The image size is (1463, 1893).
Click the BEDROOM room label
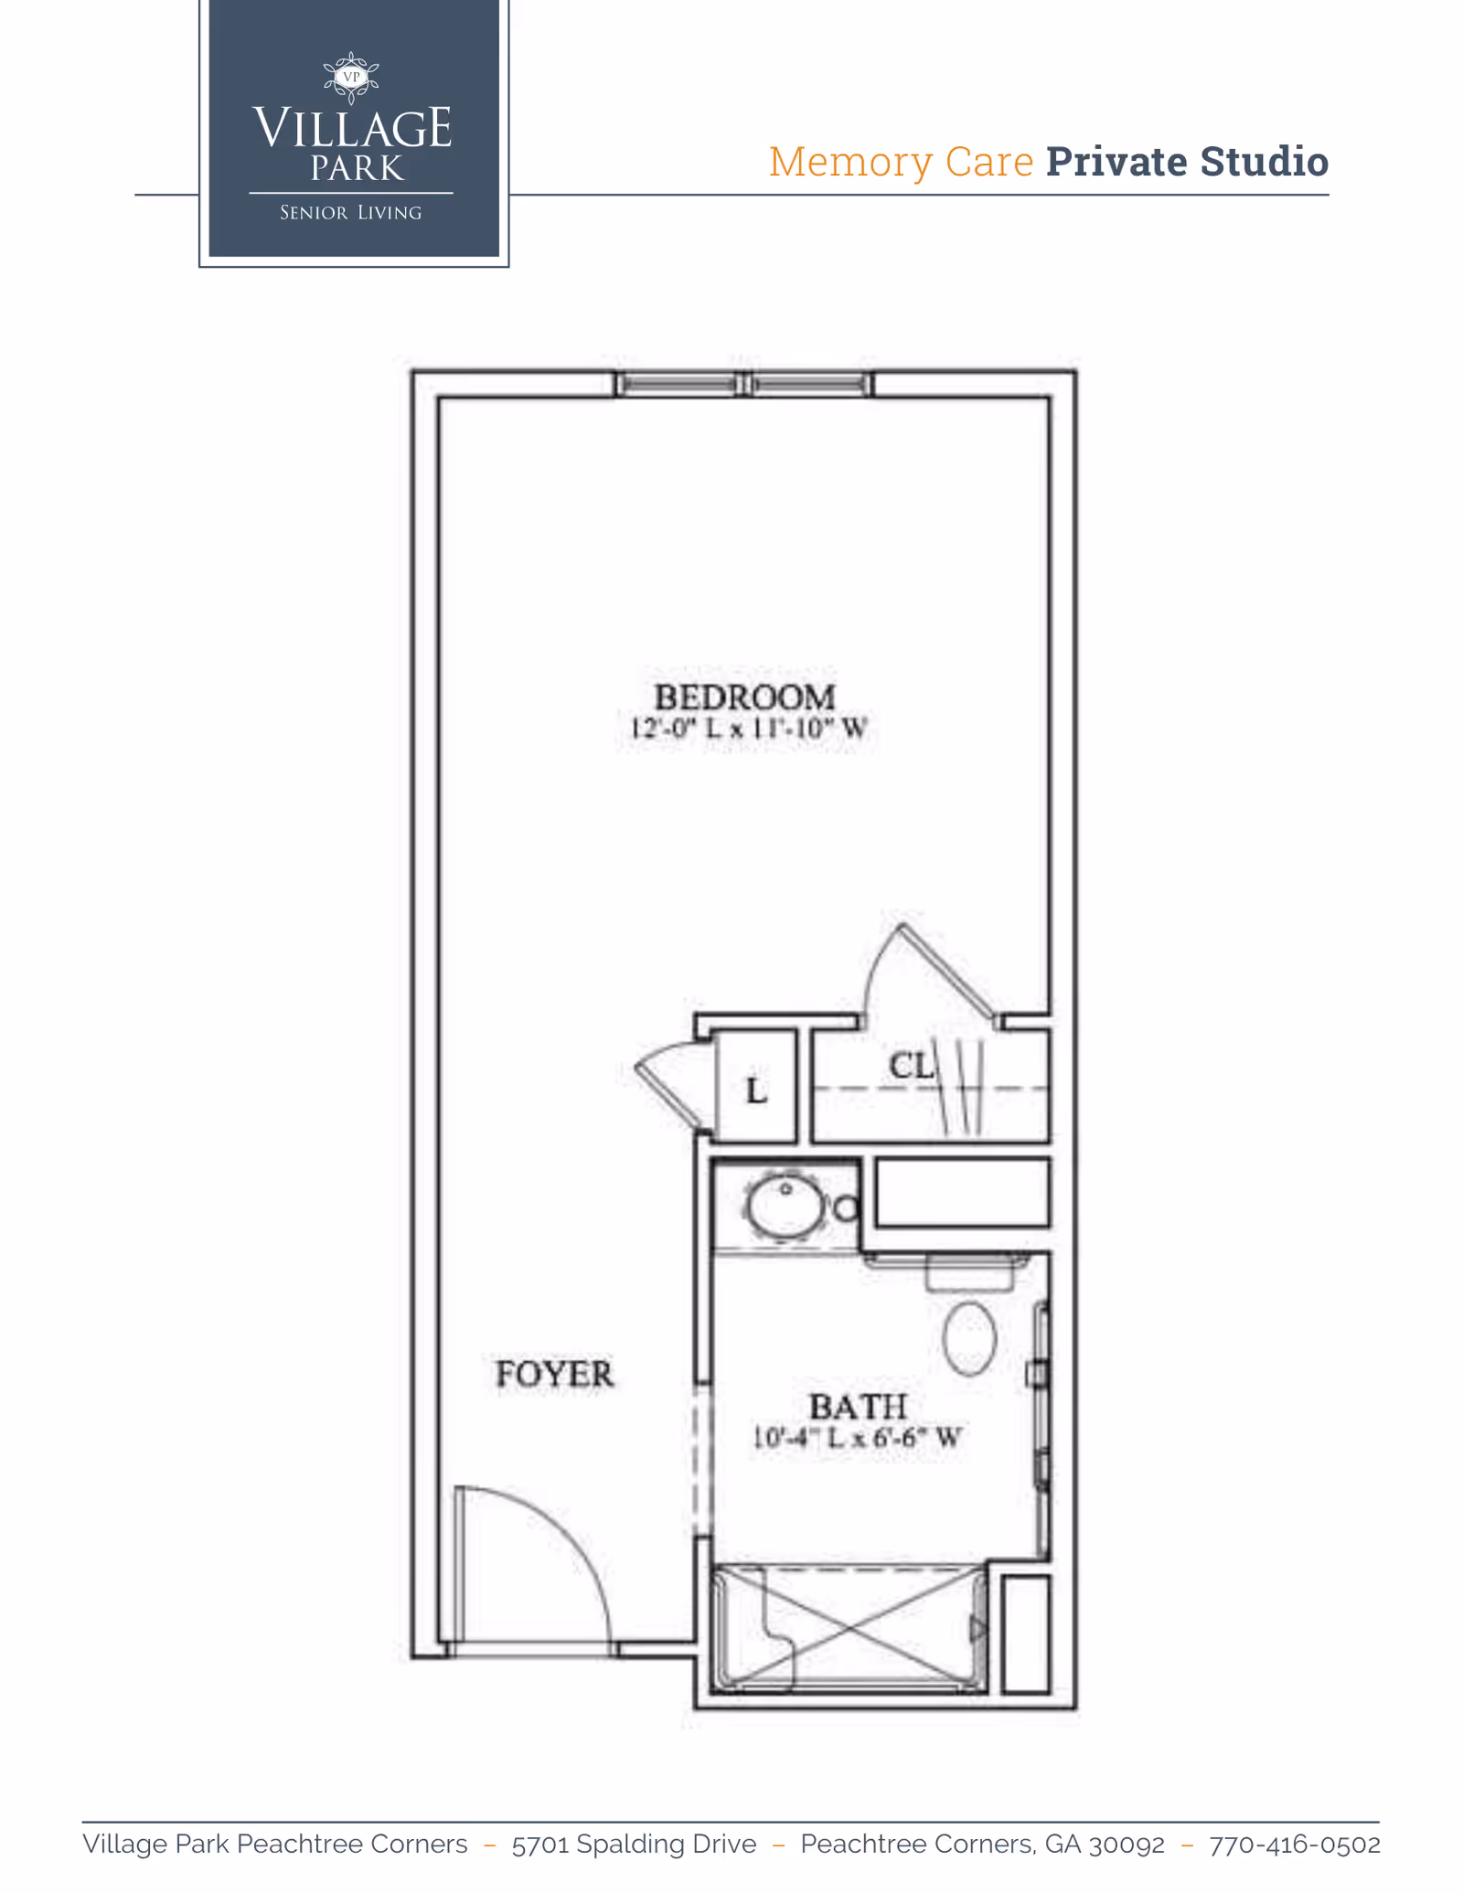(x=743, y=697)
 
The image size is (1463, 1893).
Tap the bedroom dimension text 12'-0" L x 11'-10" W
(x=748, y=729)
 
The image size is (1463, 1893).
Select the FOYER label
(x=554, y=1374)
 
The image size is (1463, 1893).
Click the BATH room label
(x=858, y=1407)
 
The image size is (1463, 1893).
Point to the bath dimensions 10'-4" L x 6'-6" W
(x=856, y=1438)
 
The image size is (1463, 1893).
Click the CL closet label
(x=911, y=1066)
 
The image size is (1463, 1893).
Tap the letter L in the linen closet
(x=756, y=1090)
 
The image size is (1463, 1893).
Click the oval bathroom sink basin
(x=785, y=1205)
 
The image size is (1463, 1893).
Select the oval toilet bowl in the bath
(x=969, y=1338)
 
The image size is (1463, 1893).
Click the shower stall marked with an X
(x=850, y=1628)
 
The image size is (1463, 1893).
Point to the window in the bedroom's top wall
(x=743, y=384)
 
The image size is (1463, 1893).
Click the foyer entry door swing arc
(x=558, y=1545)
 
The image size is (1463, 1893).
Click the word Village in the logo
(x=352, y=128)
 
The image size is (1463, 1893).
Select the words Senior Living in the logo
(x=351, y=213)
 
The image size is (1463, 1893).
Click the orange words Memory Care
(x=901, y=162)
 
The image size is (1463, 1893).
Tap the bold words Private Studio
(x=1187, y=162)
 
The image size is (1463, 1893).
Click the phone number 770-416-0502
(x=1294, y=1845)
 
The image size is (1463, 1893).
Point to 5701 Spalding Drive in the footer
(x=634, y=1845)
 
